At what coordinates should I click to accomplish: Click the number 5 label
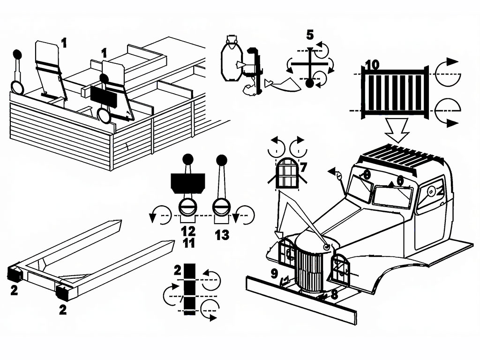(x=310, y=35)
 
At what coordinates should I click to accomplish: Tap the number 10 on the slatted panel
(x=371, y=65)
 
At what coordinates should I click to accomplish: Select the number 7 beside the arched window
(x=303, y=166)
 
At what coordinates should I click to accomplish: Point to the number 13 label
(x=222, y=234)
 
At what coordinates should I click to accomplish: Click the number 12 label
(x=187, y=231)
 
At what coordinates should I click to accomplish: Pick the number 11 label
(x=187, y=242)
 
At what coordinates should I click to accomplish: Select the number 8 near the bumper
(x=334, y=294)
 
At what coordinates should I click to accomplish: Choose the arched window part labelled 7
(x=287, y=173)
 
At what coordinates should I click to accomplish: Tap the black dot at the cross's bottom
(x=309, y=83)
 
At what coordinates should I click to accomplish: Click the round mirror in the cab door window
(x=431, y=191)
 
